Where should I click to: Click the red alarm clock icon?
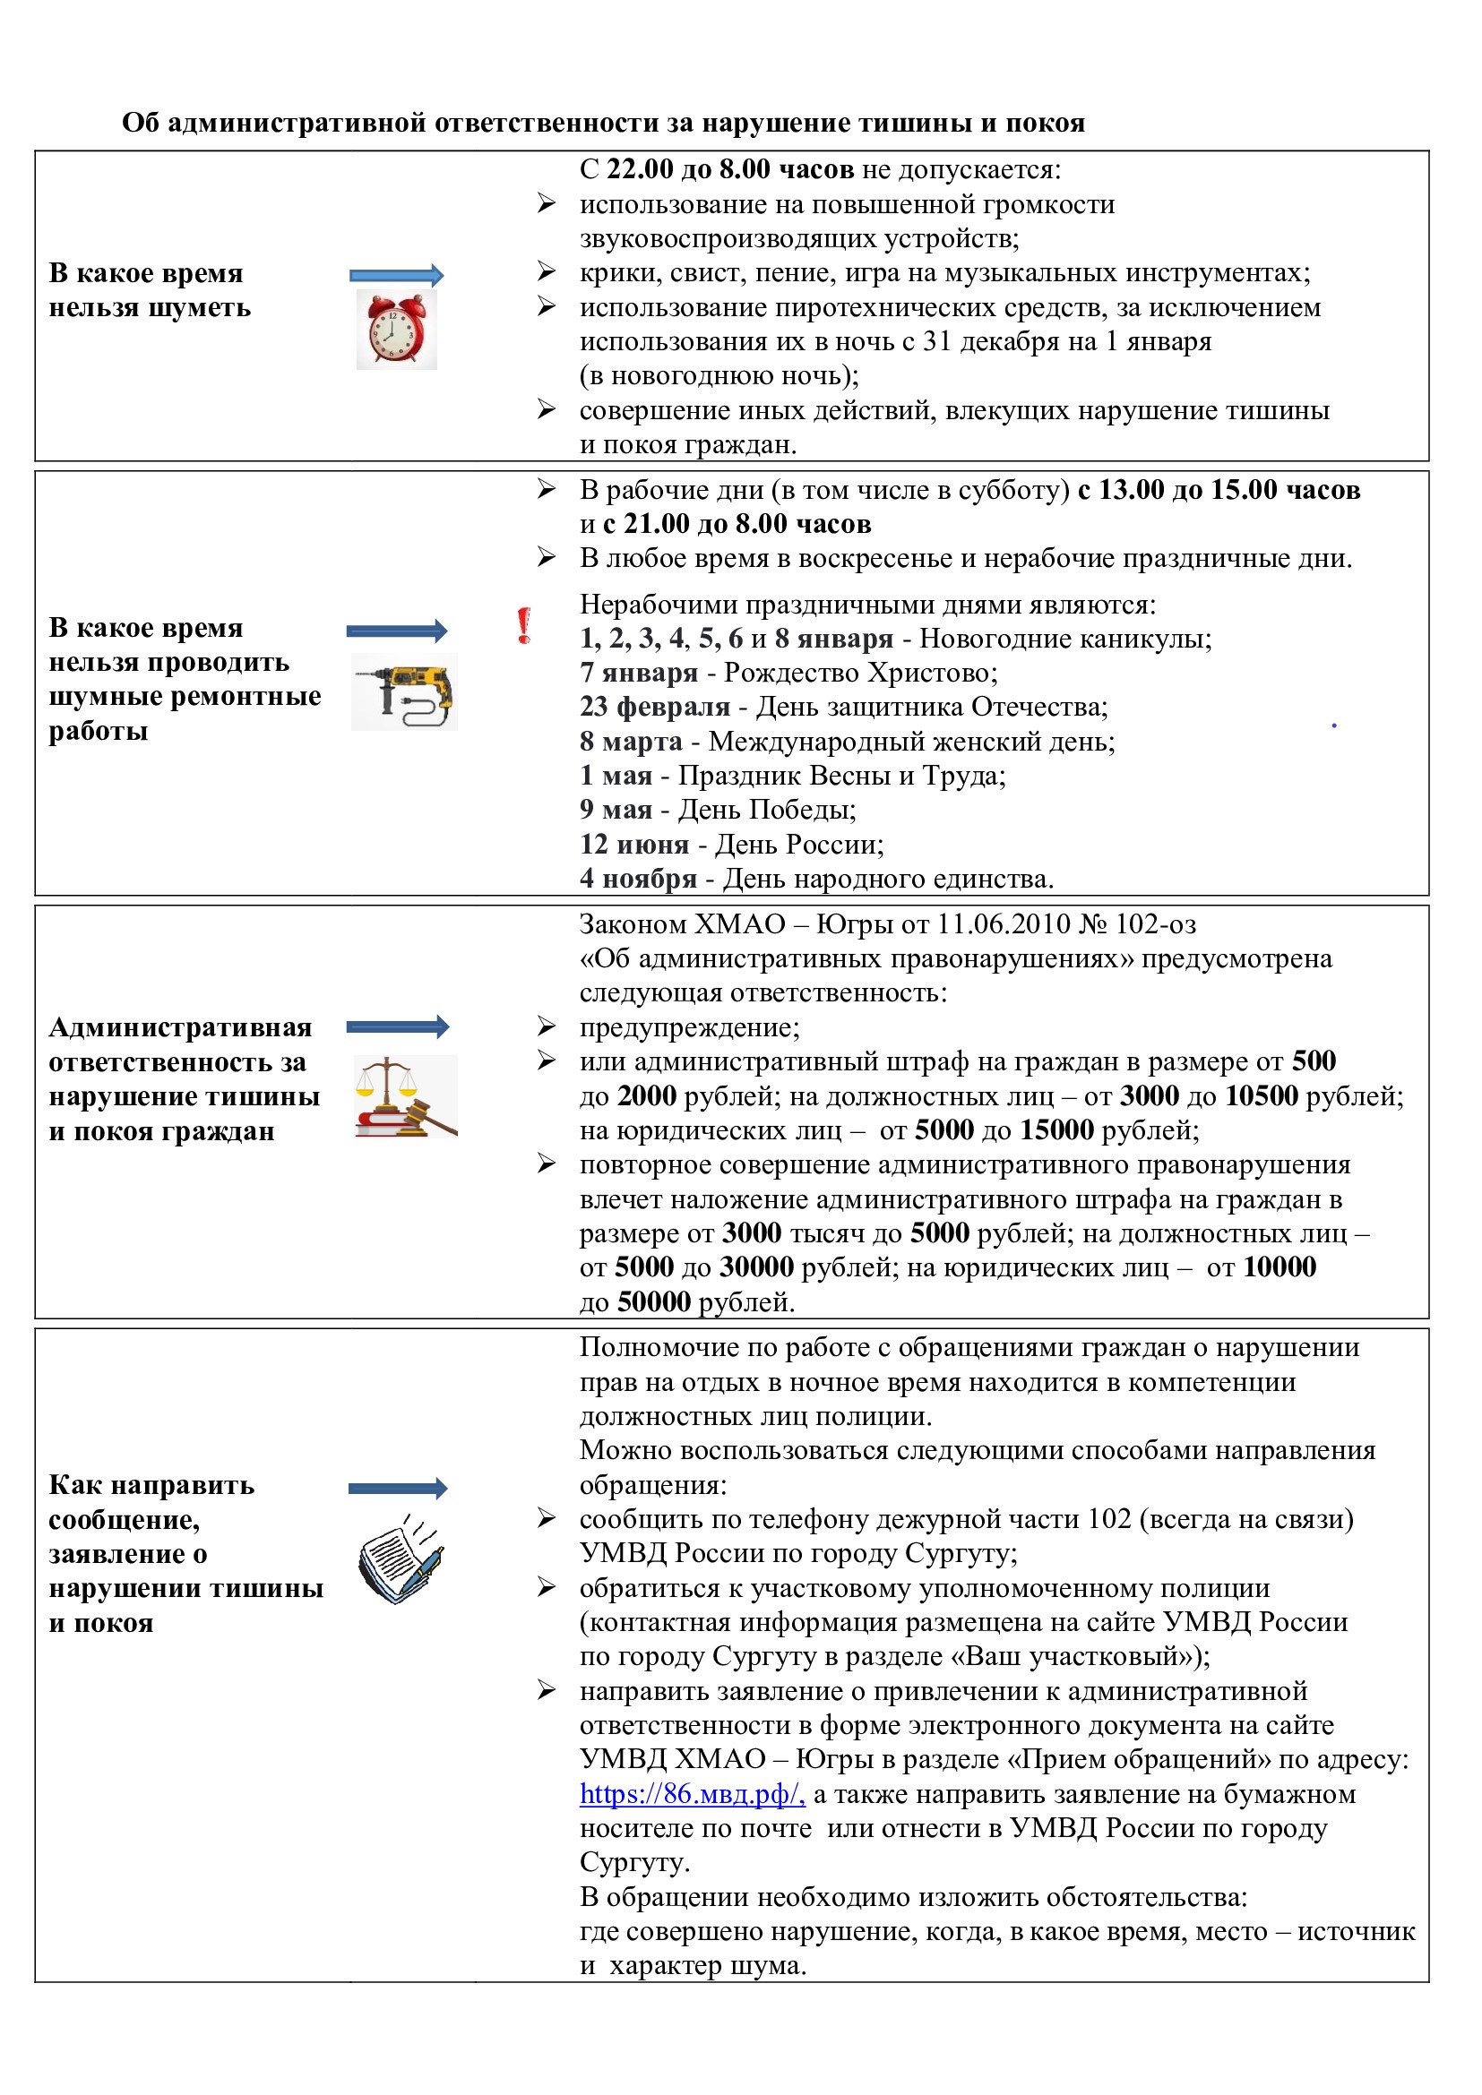tap(396, 331)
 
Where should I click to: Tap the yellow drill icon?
tap(405, 692)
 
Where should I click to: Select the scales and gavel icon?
tap(405, 1097)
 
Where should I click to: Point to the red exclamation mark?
tap(524, 626)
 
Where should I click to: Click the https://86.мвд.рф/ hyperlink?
tap(692, 1794)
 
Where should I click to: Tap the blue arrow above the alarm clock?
tap(396, 275)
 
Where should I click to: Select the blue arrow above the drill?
tap(397, 631)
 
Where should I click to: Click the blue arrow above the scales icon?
tap(398, 1026)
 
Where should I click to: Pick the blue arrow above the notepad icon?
tap(398, 1489)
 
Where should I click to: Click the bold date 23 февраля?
tap(654, 708)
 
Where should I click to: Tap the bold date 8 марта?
tap(631, 742)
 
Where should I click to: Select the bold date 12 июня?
tap(634, 845)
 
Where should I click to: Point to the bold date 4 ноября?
tap(638, 880)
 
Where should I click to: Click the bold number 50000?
tap(653, 1302)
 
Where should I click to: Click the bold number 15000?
tap(1056, 1130)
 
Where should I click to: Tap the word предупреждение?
tap(689, 1027)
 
